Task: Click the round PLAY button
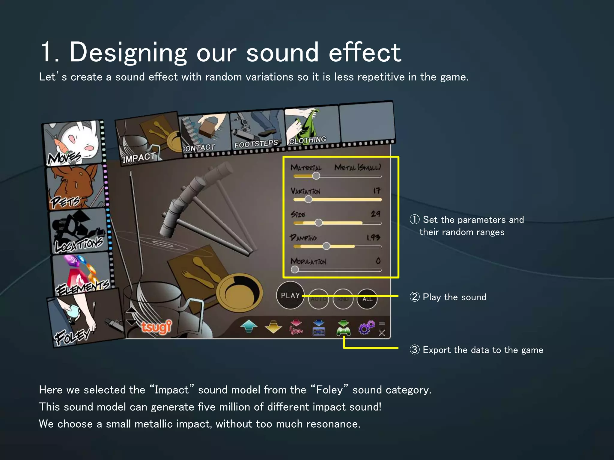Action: click(290, 296)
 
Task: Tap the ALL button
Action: click(367, 299)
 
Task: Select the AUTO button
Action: click(318, 299)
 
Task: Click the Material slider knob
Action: click(316, 176)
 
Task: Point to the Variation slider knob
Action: click(308, 199)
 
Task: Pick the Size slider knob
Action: click(319, 223)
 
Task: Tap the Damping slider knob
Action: click(326, 246)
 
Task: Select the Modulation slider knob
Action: click(295, 270)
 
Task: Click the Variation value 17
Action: click(377, 190)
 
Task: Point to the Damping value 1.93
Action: click(373, 237)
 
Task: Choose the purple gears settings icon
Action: click(366, 328)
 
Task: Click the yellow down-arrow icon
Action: click(273, 327)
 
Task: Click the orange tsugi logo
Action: click(156, 327)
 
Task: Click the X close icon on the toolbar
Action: click(382, 333)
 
